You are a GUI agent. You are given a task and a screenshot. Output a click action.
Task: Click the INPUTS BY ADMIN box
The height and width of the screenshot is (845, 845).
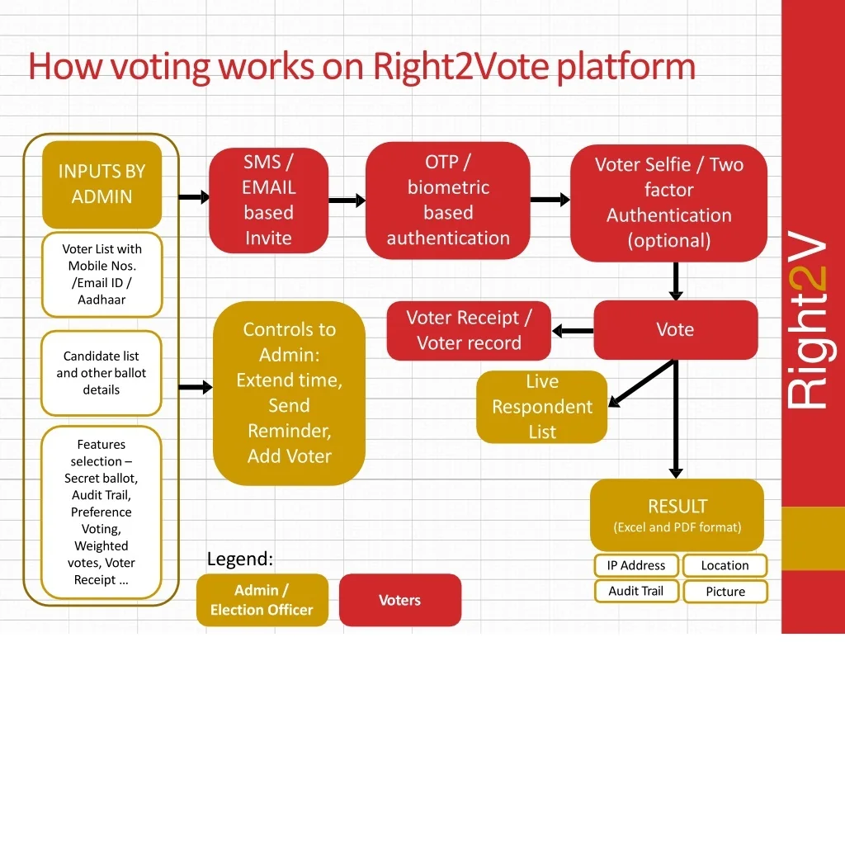[101, 185]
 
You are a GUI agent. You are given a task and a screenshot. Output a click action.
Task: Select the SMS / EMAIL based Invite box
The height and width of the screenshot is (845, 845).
[268, 200]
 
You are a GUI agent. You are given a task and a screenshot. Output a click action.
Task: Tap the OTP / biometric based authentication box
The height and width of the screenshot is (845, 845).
[448, 200]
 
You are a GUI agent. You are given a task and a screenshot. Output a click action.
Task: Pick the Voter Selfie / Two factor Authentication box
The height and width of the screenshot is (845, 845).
[668, 203]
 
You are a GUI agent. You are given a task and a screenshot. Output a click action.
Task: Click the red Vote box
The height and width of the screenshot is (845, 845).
[676, 330]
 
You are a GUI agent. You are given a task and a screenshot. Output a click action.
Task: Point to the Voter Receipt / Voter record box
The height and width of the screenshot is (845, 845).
[469, 330]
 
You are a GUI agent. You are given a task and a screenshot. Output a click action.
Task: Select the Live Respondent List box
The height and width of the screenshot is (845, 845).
[542, 407]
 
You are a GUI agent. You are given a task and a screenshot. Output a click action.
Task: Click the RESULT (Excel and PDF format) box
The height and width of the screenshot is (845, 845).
[677, 515]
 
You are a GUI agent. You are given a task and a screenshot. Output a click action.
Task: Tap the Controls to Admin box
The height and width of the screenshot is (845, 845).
[290, 394]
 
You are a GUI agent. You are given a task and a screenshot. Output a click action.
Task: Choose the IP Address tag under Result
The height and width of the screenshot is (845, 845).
[636, 565]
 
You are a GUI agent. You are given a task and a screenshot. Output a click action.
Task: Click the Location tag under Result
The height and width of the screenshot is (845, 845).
[725, 565]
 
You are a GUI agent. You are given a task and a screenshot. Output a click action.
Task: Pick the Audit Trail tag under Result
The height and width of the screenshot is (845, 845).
[636, 591]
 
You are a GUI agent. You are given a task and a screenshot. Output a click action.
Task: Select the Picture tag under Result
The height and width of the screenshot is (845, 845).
[725, 591]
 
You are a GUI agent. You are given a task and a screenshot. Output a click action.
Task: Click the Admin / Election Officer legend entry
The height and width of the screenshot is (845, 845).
[262, 600]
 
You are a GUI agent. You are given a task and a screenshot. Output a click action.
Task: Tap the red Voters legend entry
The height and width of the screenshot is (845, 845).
[400, 600]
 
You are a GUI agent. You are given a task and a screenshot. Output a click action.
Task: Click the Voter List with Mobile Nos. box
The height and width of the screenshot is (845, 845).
[101, 274]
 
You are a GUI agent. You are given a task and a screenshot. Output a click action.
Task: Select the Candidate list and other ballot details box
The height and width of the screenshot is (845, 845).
[101, 373]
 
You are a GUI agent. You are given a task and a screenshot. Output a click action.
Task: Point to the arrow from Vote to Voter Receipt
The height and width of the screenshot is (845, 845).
[573, 331]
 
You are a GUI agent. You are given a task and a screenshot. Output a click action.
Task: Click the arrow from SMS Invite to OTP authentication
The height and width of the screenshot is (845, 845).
[347, 201]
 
